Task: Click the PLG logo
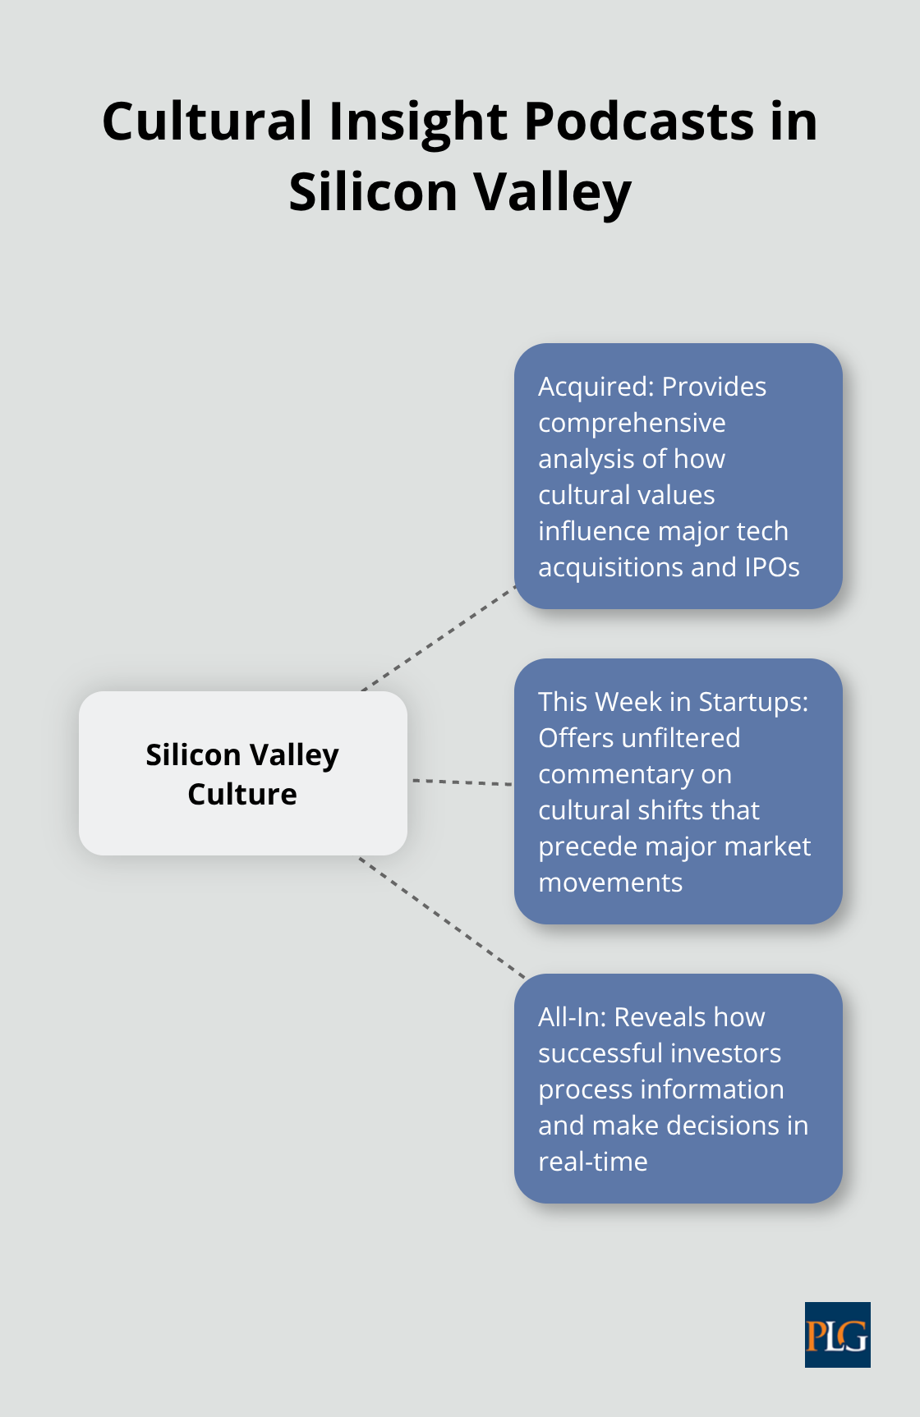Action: (x=837, y=1334)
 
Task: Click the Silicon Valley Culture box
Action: (x=242, y=773)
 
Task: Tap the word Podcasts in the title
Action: (x=639, y=122)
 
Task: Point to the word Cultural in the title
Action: (x=207, y=122)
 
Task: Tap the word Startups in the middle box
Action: (x=753, y=702)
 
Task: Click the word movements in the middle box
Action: (x=610, y=883)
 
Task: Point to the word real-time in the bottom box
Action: (x=592, y=1162)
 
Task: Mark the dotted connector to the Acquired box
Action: (x=439, y=638)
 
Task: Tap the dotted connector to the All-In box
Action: (x=442, y=918)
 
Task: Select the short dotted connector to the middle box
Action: (x=462, y=782)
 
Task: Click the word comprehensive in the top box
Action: (x=632, y=423)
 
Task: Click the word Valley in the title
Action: (x=553, y=193)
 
